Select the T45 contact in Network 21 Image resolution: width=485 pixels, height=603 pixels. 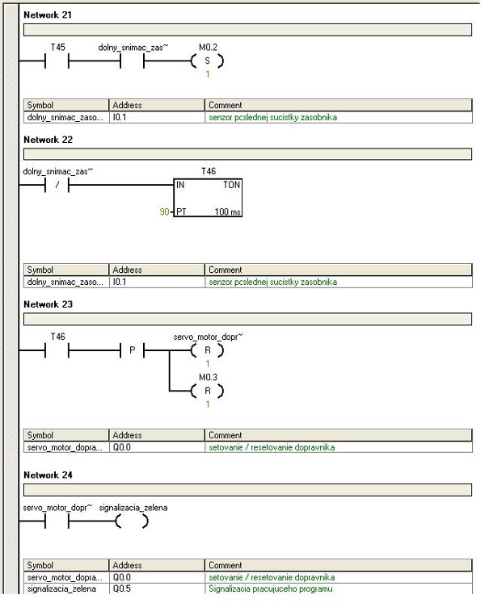click(57, 61)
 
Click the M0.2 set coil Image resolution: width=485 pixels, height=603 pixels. click(207, 61)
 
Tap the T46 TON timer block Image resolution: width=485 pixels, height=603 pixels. click(208, 197)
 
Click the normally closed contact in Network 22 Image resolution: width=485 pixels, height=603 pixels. click(57, 184)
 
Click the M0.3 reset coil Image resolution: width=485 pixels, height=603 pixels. click(207, 390)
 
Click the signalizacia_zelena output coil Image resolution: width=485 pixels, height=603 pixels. click(132, 521)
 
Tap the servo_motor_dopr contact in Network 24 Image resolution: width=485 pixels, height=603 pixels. click(57, 521)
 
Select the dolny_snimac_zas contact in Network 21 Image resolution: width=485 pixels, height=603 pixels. click(132, 61)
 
